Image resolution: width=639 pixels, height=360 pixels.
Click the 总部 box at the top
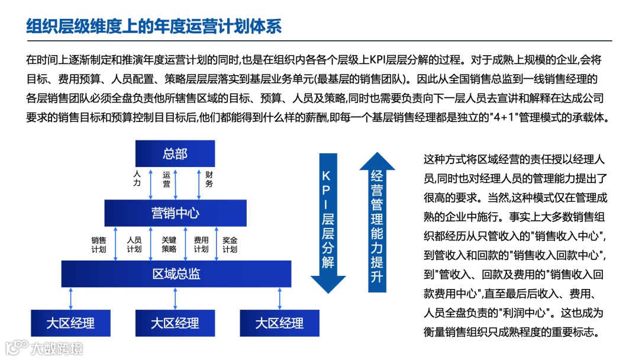point(175,154)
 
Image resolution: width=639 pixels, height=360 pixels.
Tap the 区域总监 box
point(176,274)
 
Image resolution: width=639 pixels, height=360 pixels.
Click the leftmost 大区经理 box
point(70,323)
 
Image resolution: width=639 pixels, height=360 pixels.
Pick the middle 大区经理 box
point(175,323)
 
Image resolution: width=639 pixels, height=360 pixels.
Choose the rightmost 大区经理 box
point(279,323)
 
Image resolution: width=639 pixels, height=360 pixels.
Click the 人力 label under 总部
point(137,179)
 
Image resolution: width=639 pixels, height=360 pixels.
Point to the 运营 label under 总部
point(167,179)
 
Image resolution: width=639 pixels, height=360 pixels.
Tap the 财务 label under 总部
point(209,179)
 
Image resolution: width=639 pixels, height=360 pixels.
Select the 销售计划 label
point(98,245)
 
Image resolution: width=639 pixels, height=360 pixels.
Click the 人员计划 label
point(134,245)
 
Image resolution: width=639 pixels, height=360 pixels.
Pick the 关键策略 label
point(169,245)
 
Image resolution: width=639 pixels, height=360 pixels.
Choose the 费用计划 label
point(201,245)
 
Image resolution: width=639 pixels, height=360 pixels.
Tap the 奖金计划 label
point(230,245)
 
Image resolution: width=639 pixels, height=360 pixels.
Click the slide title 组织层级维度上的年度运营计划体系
point(154,26)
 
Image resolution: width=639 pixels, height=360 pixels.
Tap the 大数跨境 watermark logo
point(44,348)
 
